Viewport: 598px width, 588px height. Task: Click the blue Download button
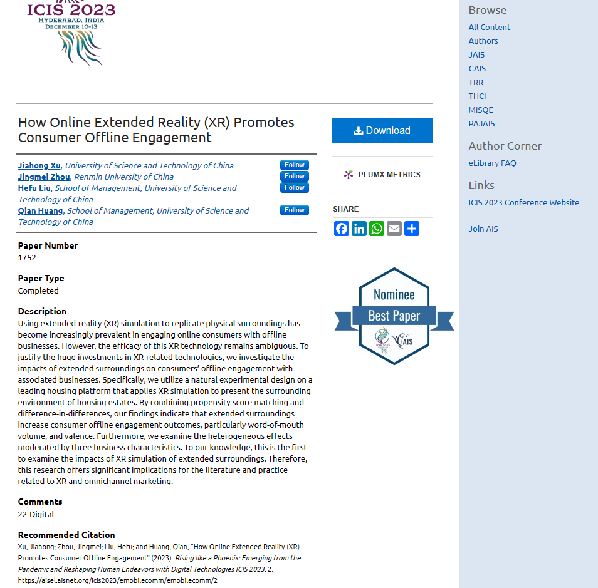coord(382,131)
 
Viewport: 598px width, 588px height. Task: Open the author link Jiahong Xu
coord(39,166)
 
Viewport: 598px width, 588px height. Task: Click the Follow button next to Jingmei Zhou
coord(294,177)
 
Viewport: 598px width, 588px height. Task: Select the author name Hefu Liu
coord(34,188)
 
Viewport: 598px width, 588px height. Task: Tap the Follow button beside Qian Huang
coord(294,210)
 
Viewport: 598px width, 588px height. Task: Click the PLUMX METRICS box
coord(382,174)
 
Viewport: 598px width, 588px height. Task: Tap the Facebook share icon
coord(342,229)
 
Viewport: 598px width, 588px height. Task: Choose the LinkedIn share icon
coord(359,229)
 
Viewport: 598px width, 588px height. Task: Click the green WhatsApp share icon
coord(377,229)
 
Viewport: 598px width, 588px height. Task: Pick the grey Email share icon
coord(394,229)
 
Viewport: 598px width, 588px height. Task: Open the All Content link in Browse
coord(490,28)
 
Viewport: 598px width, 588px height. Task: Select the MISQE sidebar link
coord(481,110)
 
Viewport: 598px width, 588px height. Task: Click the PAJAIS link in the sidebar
coord(481,124)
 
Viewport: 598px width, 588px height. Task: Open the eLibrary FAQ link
coord(492,163)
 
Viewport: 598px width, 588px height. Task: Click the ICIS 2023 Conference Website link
coord(523,203)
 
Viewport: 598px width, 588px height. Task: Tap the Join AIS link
coord(483,229)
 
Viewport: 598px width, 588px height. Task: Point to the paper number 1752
coord(27,258)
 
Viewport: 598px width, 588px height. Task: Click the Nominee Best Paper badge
coord(394,316)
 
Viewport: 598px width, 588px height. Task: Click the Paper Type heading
coord(41,279)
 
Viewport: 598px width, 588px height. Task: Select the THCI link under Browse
coord(477,96)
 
